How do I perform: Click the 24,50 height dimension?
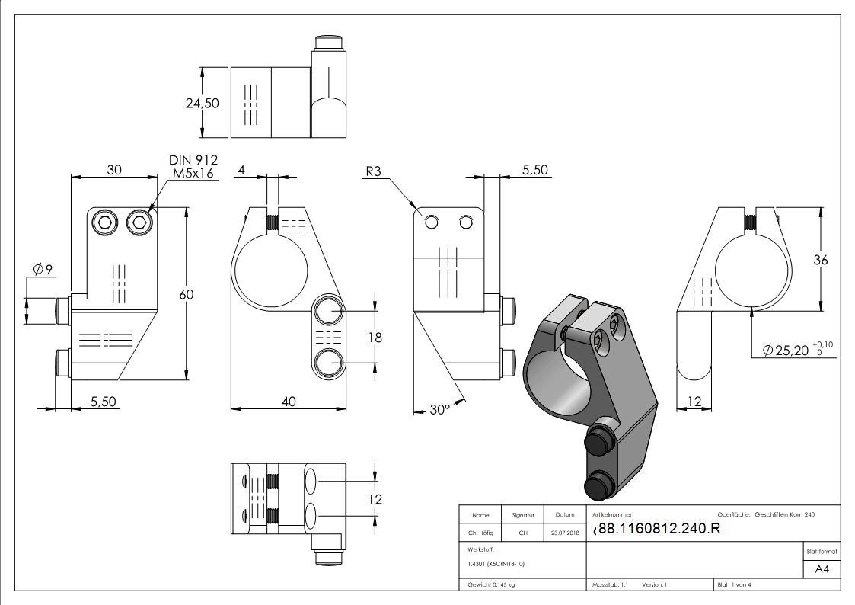tap(203, 103)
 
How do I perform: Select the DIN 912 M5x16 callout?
tap(193, 166)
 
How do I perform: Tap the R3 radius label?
tap(373, 171)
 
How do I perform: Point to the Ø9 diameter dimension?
tap(43, 269)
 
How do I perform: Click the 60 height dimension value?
tap(187, 295)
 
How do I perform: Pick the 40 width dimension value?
tap(289, 402)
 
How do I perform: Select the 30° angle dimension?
tap(440, 409)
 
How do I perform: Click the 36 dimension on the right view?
tap(821, 261)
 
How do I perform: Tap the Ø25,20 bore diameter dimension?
tap(798, 349)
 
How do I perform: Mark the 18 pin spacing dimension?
tap(375, 338)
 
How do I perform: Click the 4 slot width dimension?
tap(241, 170)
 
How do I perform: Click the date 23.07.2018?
tap(565, 533)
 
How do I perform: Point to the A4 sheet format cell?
tap(822, 569)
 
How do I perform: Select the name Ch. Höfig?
tap(480, 533)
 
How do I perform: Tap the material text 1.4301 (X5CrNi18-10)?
tap(496, 564)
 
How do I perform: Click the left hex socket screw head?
tap(105, 222)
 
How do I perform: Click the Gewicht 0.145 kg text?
tap(491, 585)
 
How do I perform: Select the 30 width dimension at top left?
tap(114, 170)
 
